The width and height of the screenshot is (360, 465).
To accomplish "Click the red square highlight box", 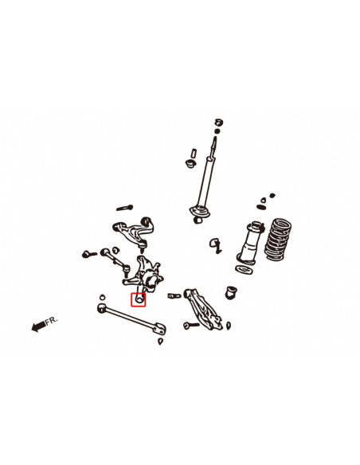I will click(x=138, y=299).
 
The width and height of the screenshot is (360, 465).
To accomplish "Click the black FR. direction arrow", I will click(x=37, y=325).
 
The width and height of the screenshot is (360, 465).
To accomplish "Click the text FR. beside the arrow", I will click(x=52, y=320).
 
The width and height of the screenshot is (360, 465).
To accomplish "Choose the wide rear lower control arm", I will click(x=200, y=307).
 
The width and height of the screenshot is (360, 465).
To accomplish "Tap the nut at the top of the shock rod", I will click(x=217, y=122).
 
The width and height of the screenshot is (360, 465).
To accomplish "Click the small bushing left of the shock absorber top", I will click(x=190, y=163).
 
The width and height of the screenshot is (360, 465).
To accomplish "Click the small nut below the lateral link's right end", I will click(x=162, y=342).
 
